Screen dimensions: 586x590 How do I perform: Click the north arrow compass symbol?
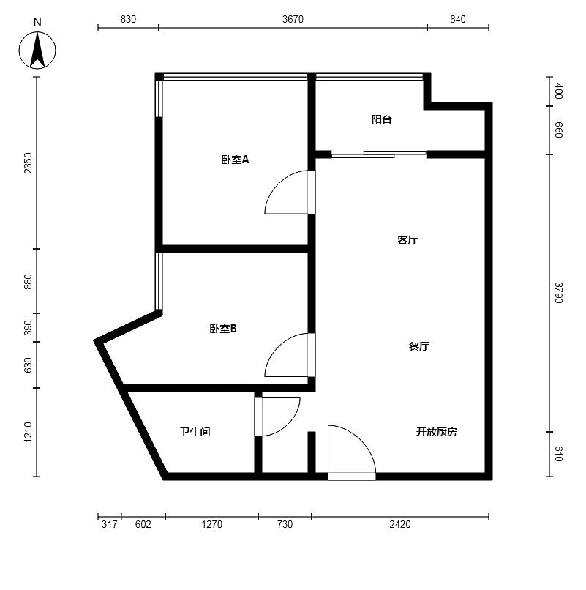coord(37,50)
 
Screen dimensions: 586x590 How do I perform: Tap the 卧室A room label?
coord(235,160)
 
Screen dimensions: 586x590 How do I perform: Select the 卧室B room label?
coord(223,329)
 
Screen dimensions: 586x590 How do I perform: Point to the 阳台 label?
coord(382,119)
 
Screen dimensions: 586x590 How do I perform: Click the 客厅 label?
coord(407,240)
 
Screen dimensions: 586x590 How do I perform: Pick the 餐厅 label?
coord(419,346)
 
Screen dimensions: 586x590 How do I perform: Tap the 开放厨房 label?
coord(437,432)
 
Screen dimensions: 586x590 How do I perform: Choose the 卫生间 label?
coord(195,432)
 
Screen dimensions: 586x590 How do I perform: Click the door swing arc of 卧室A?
coord(278,181)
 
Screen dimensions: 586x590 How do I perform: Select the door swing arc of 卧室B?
coord(278,343)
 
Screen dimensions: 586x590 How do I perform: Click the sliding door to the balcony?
coord(379,154)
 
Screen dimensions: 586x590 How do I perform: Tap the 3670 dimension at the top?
coord(293,19)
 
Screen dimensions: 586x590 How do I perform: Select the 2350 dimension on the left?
coord(29,163)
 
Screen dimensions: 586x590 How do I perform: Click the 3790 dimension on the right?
coord(558,292)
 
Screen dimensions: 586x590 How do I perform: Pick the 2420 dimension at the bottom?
coord(400,524)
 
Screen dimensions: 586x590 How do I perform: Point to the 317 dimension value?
coord(110,524)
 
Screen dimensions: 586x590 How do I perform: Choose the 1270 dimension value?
coord(211,524)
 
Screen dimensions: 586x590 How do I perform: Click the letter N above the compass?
coord(37,23)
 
